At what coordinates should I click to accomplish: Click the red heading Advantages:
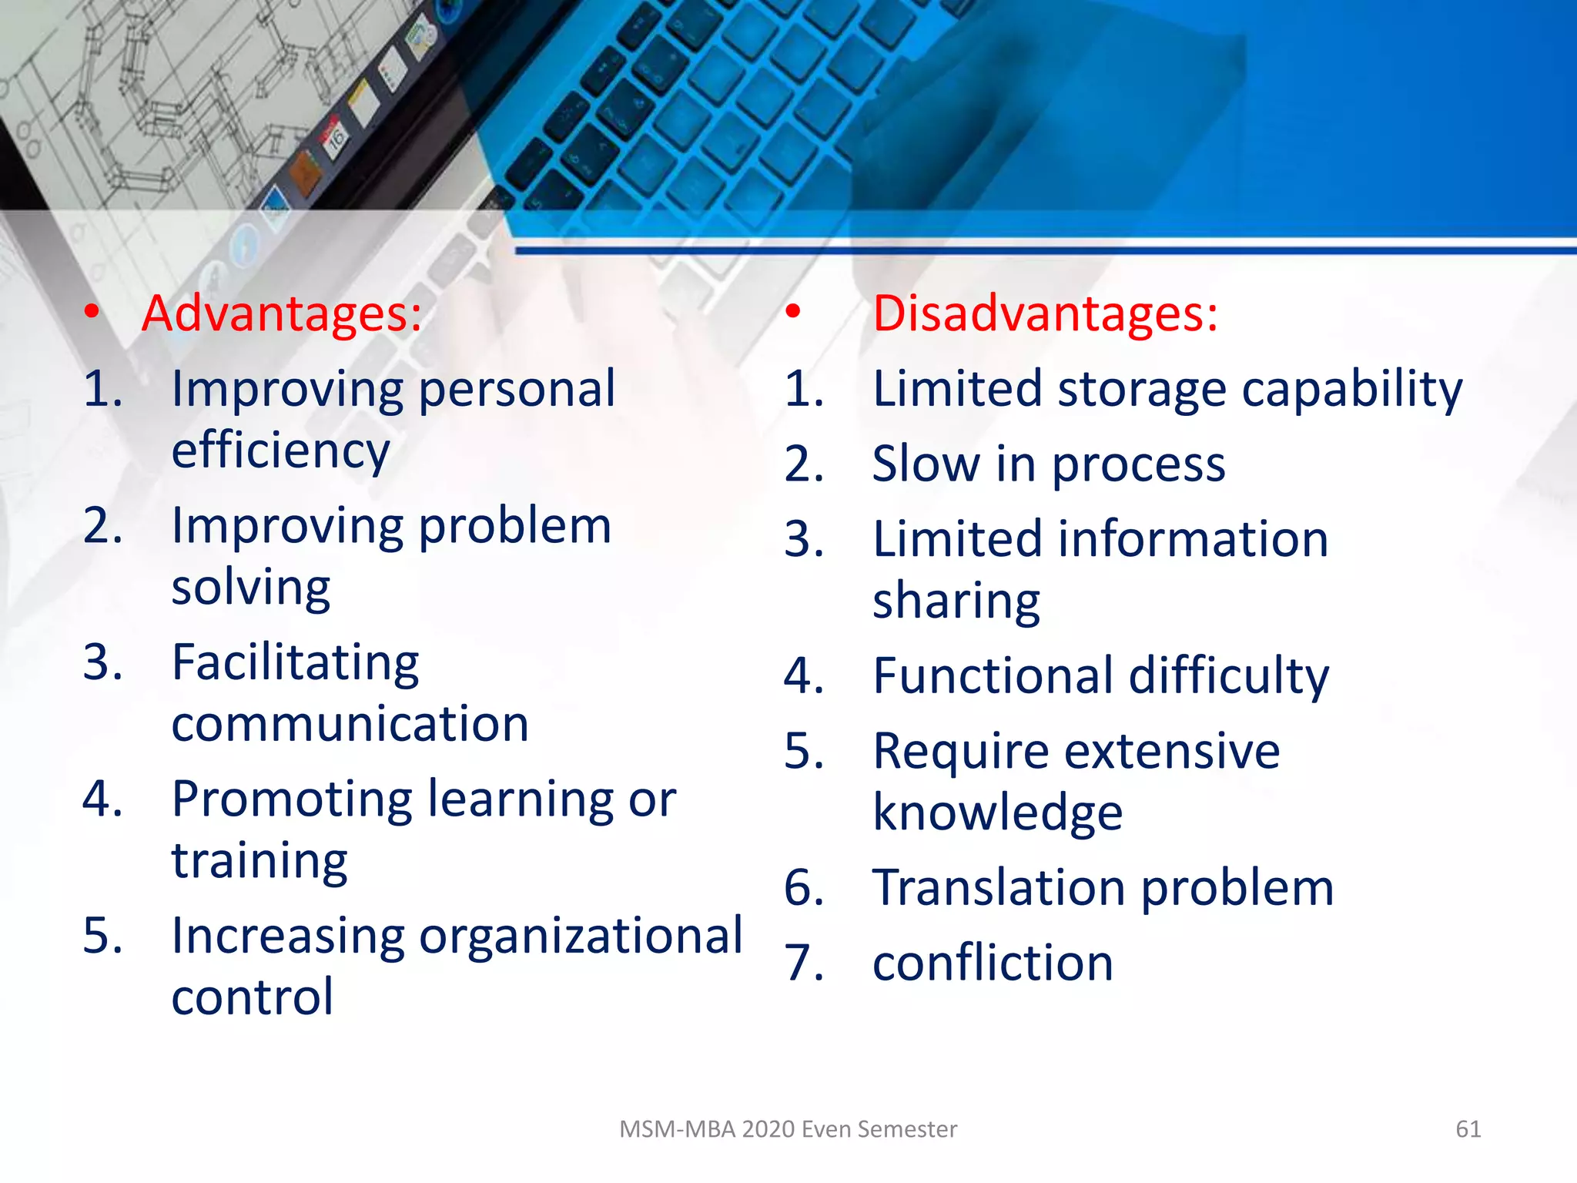click(282, 314)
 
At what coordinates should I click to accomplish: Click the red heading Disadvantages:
click(1045, 314)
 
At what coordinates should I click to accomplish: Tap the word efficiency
click(280, 451)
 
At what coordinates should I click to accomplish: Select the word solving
click(251, 588)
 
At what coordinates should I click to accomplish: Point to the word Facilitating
click(295, 663)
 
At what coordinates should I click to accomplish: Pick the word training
click(259, 861)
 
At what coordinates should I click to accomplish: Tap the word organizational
click(581, 937)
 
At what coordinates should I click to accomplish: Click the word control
click(253, 997)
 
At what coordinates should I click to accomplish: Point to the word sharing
click(956, 602)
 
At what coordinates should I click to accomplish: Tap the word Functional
click(993, 676)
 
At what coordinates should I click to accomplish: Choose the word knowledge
click(998, 813)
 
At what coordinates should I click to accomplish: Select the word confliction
click(993, 963)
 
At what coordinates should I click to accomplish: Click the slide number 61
click(1468, 1129)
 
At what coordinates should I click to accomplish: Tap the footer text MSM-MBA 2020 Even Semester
click(788, 1129)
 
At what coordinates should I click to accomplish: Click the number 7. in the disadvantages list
click(804, 963)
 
